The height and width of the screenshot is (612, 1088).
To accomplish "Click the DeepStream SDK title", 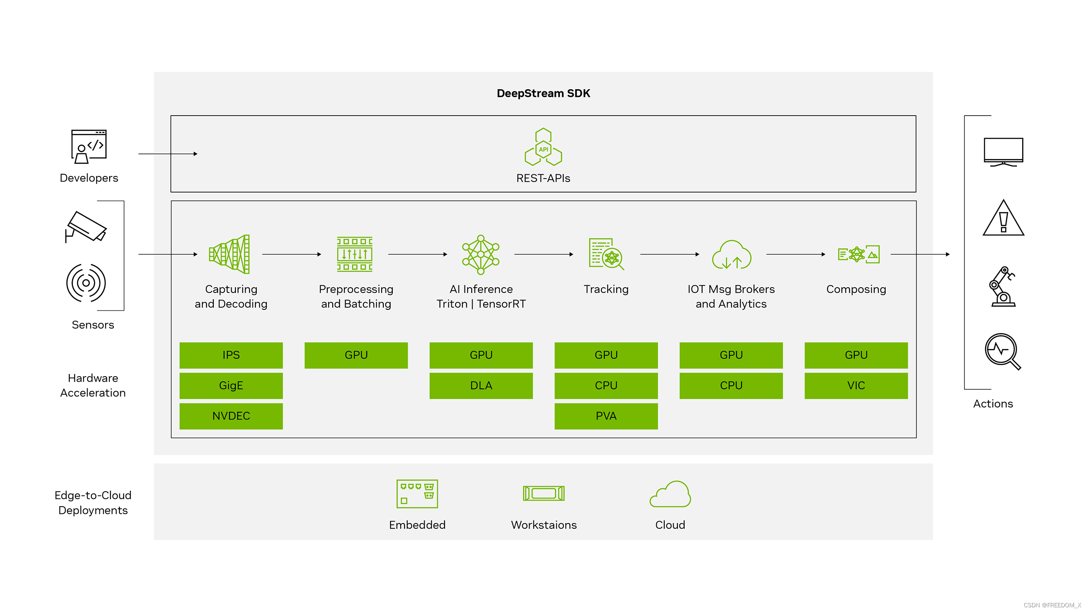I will (543, 93).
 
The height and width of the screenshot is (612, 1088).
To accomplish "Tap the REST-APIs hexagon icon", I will (543, 147).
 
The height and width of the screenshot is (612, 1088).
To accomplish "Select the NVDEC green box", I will (231, 416).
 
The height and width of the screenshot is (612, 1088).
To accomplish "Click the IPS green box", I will (231, 355).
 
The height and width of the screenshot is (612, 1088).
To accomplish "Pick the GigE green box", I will (231, 385).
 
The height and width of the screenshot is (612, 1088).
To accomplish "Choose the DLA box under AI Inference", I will (481, 385).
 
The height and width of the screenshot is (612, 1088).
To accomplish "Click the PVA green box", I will (606, 416).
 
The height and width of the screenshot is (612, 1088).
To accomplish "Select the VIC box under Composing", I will (856, 385).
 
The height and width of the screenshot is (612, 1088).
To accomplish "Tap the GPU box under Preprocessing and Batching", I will (356, 355).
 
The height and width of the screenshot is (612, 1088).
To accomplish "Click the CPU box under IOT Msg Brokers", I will (731, 385).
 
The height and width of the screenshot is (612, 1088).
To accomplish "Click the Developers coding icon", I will (89, 147).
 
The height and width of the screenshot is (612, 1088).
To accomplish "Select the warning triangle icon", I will (1003, 218).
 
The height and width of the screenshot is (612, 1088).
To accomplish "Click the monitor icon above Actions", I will (1003, 152).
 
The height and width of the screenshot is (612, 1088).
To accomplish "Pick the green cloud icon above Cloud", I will (670, 494).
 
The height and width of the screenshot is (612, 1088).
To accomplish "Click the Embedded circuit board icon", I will (417, 493).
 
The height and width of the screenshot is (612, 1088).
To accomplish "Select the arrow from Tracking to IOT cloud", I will (669, 254).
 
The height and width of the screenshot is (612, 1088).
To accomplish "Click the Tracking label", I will (606, 289).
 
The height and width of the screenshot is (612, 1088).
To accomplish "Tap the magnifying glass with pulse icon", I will (1003, 351).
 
